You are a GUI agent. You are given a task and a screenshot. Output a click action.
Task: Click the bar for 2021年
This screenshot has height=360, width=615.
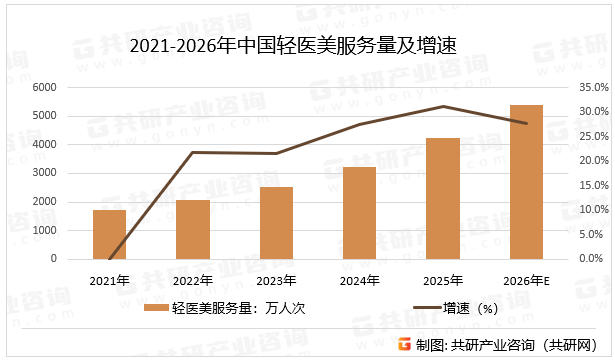[109, 234]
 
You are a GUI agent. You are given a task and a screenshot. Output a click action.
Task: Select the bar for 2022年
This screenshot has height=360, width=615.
[193, 229]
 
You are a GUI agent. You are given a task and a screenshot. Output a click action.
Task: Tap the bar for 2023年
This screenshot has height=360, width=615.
[276, 222]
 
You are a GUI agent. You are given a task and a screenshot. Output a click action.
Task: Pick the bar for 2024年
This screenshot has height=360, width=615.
[359, 212]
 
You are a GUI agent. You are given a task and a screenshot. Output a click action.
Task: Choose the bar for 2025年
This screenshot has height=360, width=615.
[443, 198]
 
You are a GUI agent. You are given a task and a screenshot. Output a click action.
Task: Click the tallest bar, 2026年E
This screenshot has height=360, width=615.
[526, 181]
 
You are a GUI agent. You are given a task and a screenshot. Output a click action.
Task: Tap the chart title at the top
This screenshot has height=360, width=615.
[300, 43]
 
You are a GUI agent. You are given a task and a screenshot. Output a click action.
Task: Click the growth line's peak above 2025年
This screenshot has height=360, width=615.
[443, 106]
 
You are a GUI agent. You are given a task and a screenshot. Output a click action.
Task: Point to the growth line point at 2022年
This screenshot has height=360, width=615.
[193, 152]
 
